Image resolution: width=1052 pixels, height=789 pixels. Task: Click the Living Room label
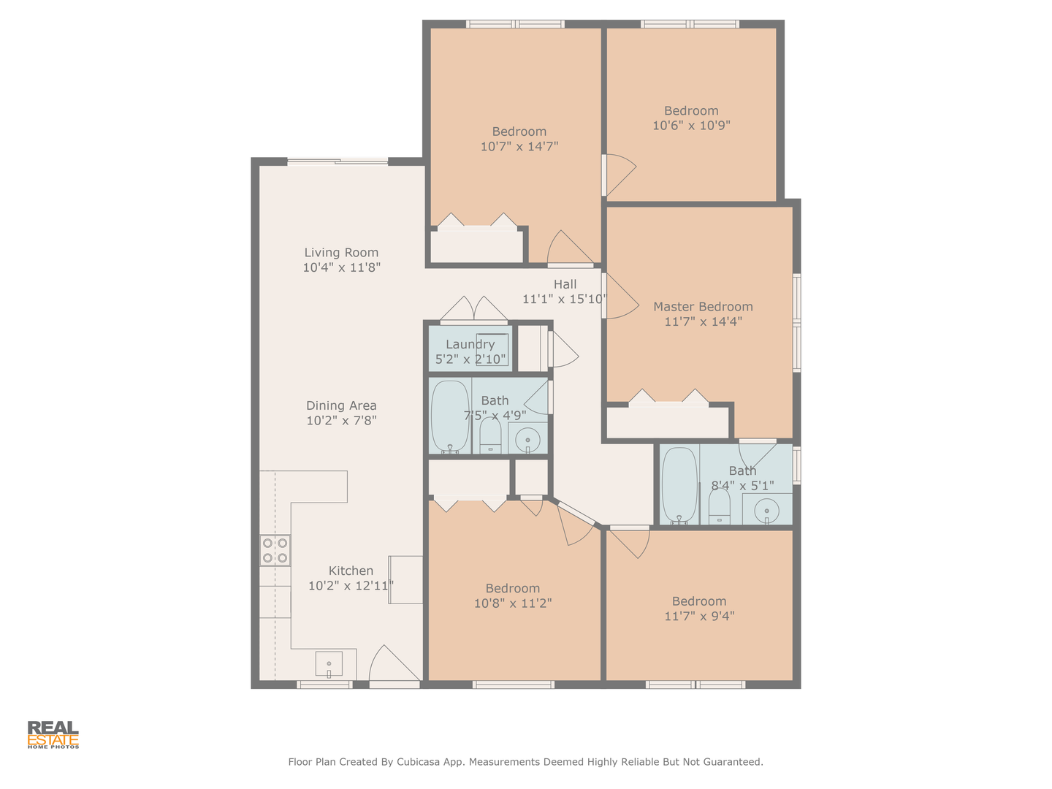(x=341, y=253)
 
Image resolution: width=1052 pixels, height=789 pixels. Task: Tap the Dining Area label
(x=341, y=405)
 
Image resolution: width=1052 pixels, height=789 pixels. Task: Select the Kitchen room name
(x=351, y=571)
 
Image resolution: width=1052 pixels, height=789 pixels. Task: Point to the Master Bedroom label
(x=703, y=307)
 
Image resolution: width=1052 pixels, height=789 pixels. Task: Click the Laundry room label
(x=470, y=344)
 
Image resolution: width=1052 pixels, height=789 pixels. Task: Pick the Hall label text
(x=565, y=285)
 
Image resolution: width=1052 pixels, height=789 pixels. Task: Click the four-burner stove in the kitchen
(x=275, y=550)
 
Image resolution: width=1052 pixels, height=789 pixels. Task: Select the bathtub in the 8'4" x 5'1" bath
(x=679, y=486)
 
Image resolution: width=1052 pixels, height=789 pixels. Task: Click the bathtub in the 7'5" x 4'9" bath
(x=450, y=416)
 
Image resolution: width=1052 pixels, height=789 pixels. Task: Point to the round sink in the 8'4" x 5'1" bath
(x=766, y=511)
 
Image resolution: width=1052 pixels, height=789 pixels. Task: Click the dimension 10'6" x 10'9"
(x=691, y=126)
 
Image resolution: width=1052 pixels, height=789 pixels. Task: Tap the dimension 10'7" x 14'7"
(x=519, y=146)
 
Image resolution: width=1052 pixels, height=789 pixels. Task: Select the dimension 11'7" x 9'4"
(x=699, y=616)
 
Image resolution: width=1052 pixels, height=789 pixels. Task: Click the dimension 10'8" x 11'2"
(x=513, y=603)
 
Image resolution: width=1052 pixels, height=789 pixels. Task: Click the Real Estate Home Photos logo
(x=53, y=735)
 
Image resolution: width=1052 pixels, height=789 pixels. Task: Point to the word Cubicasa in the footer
(x=418, y=762)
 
